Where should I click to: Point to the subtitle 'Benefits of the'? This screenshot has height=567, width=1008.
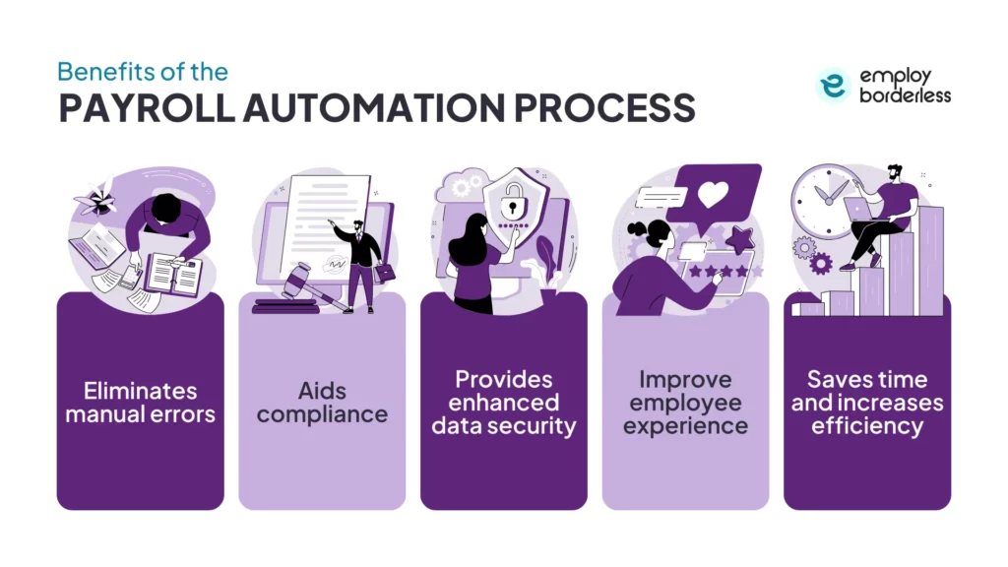142,72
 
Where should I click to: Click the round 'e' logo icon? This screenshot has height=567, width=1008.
833,87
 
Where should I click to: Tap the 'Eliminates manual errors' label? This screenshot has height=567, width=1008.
140,403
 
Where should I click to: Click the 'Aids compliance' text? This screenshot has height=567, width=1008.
322,403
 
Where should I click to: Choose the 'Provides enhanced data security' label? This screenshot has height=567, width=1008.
504,403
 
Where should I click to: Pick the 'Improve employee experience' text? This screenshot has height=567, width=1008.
685,403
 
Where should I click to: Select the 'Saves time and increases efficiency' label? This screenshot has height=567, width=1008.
867,403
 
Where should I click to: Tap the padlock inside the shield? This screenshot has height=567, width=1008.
509,208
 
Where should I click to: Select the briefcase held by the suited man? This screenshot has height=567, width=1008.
385,271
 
